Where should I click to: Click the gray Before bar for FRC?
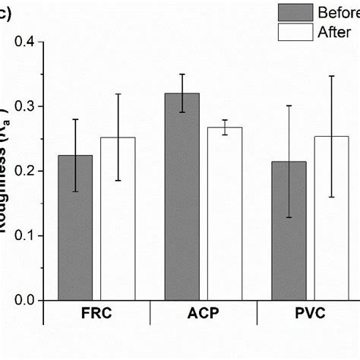pyautogui.click(x=76, y=228)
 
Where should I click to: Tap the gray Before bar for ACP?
pyautogui.click(x=183, y=197)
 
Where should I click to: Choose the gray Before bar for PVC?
pyautogui.click(x=289, y=231)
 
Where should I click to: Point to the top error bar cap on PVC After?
pyautogui.click(x=332, y=76)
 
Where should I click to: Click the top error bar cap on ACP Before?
pyautogui.click(x=183, y=74)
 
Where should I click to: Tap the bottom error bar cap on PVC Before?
pyautogui.click(x=289, y=218)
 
